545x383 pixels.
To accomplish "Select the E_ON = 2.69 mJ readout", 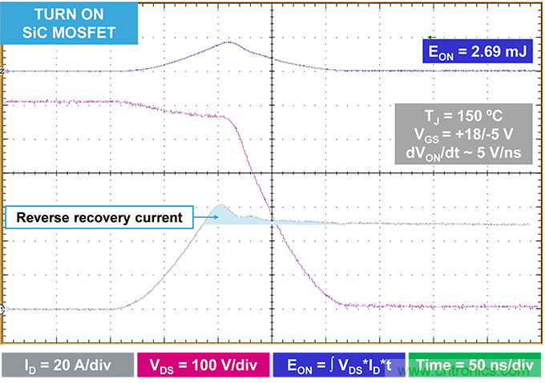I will click(x=477, y=54).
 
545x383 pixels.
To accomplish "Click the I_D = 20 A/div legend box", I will click(x=68, y=367).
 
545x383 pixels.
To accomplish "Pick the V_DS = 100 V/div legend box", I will click(x=204, y=367).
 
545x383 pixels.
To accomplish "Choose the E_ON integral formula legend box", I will click(x=341, y=367).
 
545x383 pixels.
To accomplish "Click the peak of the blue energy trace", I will click(x=228, y=42).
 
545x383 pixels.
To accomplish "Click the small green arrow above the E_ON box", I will click(x=432, y=37).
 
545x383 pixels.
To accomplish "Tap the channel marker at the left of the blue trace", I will click(x=3, y=71).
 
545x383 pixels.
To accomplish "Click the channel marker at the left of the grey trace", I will click(x=3, y=308).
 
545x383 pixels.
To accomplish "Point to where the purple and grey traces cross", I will click(x=271, y=221).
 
